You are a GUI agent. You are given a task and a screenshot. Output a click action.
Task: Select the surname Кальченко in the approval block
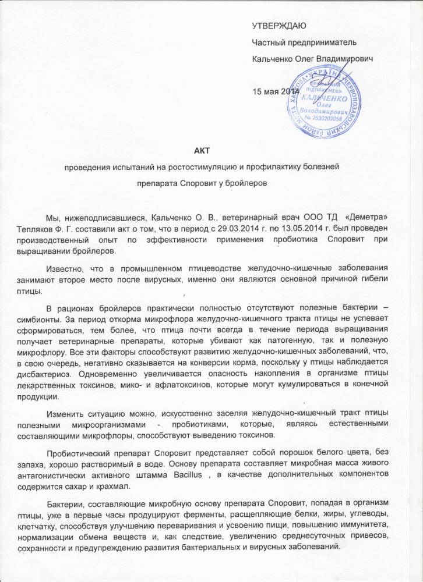(273, 59)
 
